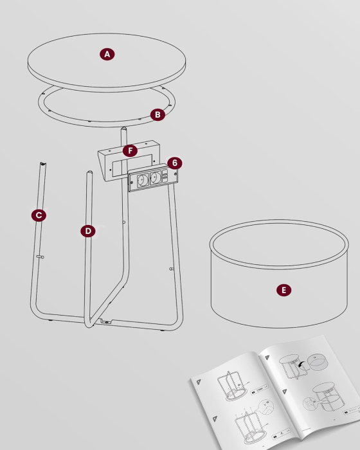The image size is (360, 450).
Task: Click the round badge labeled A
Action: pyautogui.click(x=107, y=55)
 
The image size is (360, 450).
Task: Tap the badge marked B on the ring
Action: pyautogui.click(x=157, y=114)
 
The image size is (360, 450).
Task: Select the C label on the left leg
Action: pyautogui.click(x=39, y=215)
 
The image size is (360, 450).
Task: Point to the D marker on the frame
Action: pyautogui.click(x=88, y=230)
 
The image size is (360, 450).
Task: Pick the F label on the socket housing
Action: pyautogui.click(x=130, y=150)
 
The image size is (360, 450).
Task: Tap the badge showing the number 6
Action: pyautogui.click(x=175, y=163)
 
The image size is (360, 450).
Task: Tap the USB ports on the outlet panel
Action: pyautogui.click(x=166, y=177)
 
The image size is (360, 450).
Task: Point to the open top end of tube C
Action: pyautogui.click(x=42, y=165)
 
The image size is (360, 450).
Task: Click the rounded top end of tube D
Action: pyautogui.click(x=89, y=173)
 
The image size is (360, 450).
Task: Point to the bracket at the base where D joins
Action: pyautogui.click(x=103, y=321)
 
